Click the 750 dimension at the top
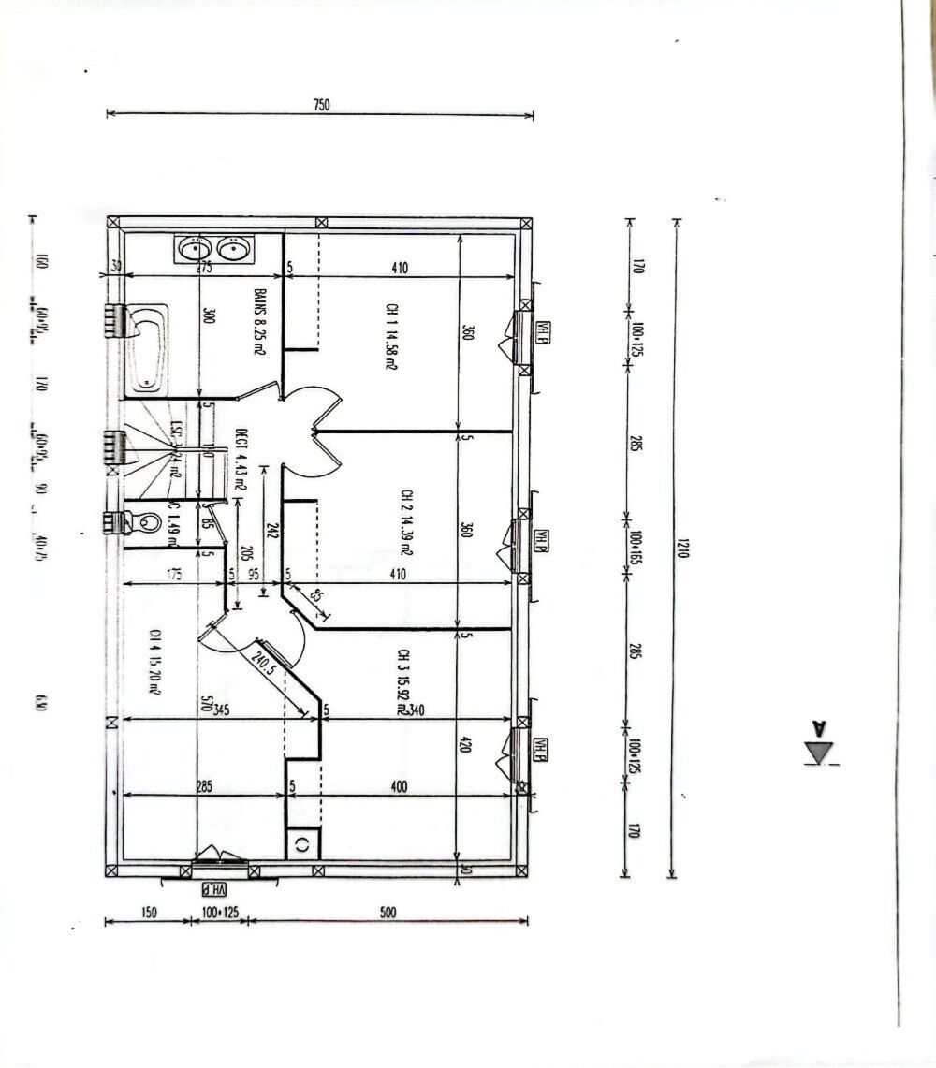pyautogui.click(x=321, y=106)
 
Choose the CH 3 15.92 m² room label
pyautogui.click(x=402, y=682)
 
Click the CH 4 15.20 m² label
pyautogui.click(x=152, y=661)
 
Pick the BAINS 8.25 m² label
pyautogui.click(x=257, y=322)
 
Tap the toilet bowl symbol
pyautogui.click(x=142, y=522)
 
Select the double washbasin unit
pyautogui.click(x=212, y=249)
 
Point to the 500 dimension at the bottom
pyautogui.click(x=388, y=911)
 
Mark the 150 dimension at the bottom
pyautogui.click(x=147, y=911)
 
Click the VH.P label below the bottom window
pyautogui.click(x=217, y=887)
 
